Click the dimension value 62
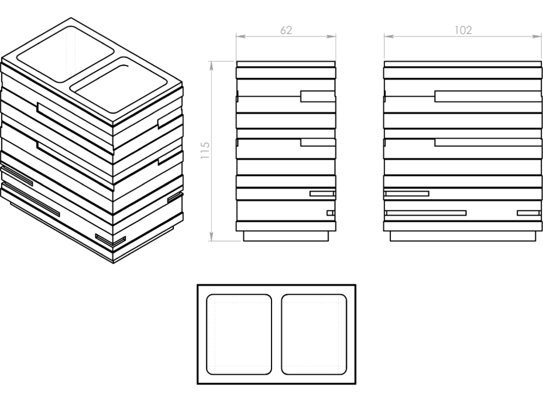(x=286, y=30)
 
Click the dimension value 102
(x=463, y=30)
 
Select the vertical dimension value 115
(x=205, y=150)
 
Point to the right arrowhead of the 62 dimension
(x=331, y=36)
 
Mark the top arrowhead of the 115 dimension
(x=211, y=66)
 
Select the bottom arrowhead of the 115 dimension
(x=211, y=236)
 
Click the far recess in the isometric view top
(x=66, y=54)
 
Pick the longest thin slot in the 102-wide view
(x=427, y=213)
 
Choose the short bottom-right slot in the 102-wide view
(x=529, y=213)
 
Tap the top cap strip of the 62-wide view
(x=286, y=64)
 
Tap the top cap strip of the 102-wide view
(x=463, y=64)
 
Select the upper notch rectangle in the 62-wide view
(x=318, y=97)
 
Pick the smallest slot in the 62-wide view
(x=331, y=213)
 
